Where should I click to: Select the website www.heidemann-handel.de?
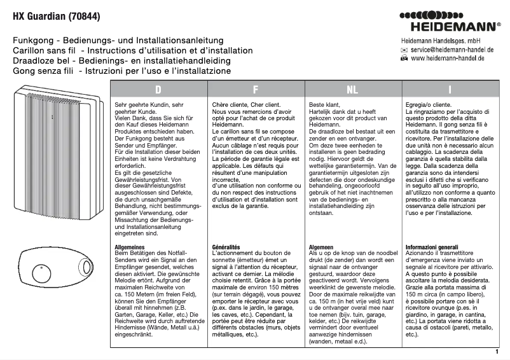[x=448, y=58]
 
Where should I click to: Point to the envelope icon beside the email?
[x=404, y=49]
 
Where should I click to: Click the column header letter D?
[x=158, y=90]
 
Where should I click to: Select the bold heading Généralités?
[x=226, y=246]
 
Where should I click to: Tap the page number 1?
[x=496, y=352]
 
